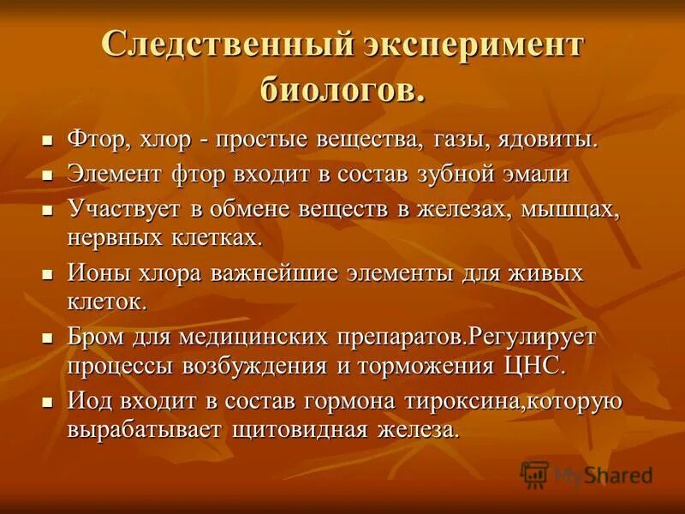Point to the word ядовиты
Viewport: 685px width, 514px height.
coord(544,140)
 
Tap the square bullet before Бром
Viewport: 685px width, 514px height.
coord(48,337)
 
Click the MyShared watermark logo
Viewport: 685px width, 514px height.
coord(587,475)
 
